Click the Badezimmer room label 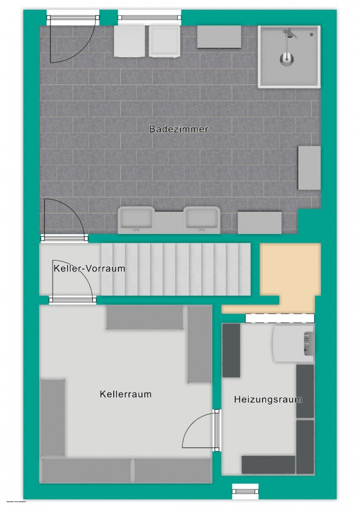[179, 129]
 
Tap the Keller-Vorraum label [89, 269]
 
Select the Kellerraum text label [126, 394]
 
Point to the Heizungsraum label [268, 400]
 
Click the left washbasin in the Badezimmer [136, 219]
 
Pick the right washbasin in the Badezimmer [202, 219]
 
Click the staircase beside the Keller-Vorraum [175, 269]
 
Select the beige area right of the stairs [290, 270]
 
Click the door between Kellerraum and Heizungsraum [216, 430]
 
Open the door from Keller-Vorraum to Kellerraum [73, 300]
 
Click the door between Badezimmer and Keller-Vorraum [65, 238]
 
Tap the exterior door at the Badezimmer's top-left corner [73, 18]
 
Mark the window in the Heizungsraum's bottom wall [245, 491]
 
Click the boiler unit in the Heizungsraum [293, 344]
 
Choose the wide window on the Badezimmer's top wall [149, 18]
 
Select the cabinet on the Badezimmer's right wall [309, 168]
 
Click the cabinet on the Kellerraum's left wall [52, 417]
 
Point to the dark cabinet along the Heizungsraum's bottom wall [268, 464]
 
